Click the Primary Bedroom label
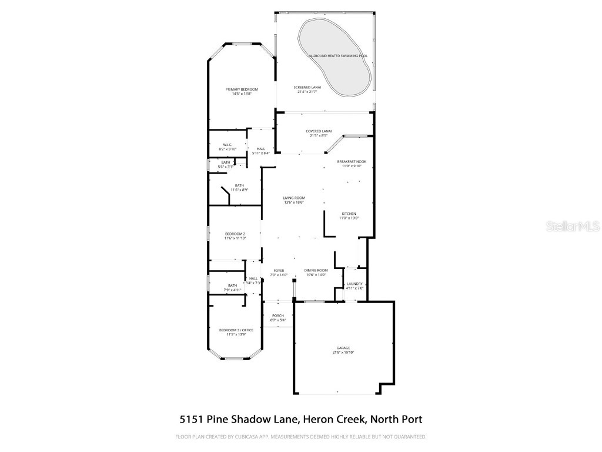pyautogui.click(x=242, y=89)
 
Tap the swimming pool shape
pyautogui.click(x=334, y=56)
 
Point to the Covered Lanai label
pyautogui.click(x=319, y=131)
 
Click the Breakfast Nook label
pyautogui.click(x=352, y=161)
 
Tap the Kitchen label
pyautogui.click(x=349, y=214)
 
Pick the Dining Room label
pyautogui.click(x=316, y=270)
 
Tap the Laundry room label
pyautogui.click(x=354, y=284)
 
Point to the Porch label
pyautogui.click(x=277, y=316)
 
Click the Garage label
pyautogui.click(x=343, y=348)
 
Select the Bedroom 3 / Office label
pyautogui.click(x=236, y=330)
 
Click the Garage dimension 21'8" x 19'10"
pyautogui.click(x=343, y=353)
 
